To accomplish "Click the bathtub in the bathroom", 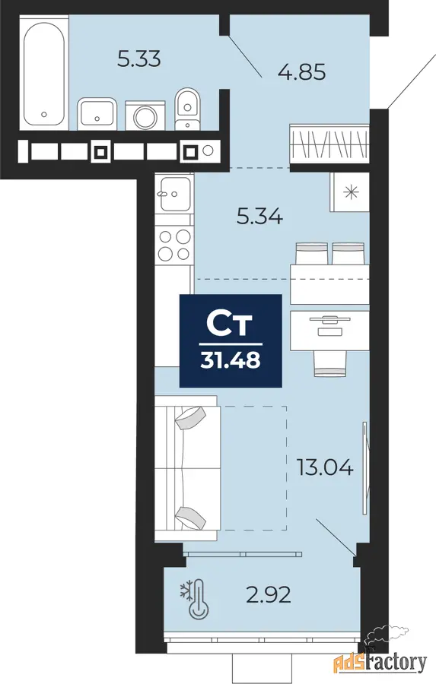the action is click(44, 72).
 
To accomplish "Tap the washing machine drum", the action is click(145, 116).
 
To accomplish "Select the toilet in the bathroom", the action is click(188, 109).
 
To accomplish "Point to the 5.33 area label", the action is click(139, 59).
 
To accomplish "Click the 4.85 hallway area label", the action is click(302, 71).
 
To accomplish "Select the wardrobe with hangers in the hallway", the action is click(329, 143).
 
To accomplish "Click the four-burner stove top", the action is click(174, 244).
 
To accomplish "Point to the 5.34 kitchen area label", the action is click(260, 217).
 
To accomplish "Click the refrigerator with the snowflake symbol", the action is click(350, 192).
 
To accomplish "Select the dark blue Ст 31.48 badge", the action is click(231, 340).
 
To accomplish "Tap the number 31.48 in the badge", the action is click(231, 361).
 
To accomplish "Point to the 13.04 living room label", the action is click(325, 467).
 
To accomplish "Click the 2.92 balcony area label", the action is click(269, 594).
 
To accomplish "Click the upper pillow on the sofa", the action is click(189, 417).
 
